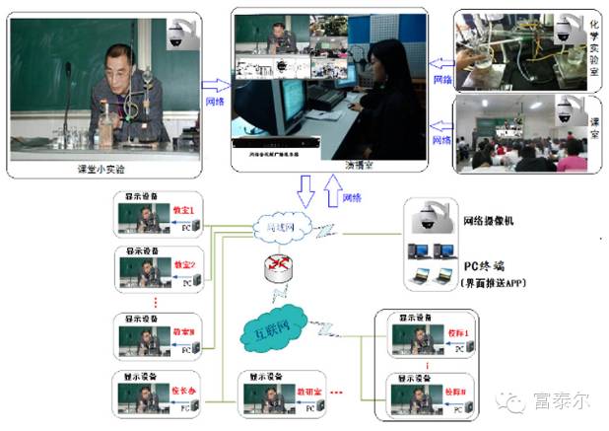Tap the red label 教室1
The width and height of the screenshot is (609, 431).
(x=184, y=211)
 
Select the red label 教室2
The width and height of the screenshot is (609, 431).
(x=184, y=264)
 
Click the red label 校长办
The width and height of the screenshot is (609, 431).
(x=183, y=391)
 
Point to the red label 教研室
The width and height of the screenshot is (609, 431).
(x=301, y=392)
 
